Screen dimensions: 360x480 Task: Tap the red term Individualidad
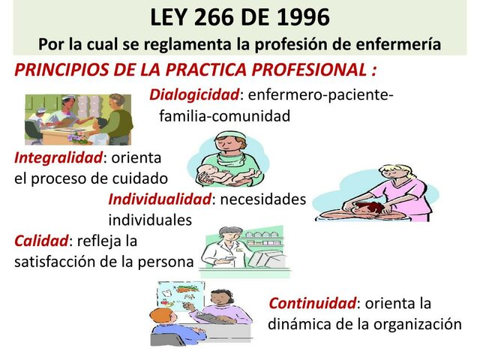click(159, 199)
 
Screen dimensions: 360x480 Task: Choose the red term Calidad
click(41, 241)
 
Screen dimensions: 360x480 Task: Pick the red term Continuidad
click(311, 304)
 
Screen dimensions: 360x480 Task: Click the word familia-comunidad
click(224, 116)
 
